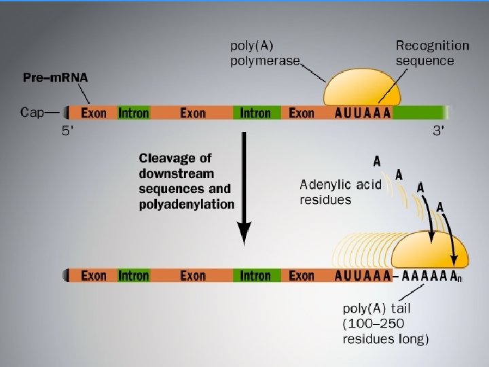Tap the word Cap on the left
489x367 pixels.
click(33, 112)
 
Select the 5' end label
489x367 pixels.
click(70, 131)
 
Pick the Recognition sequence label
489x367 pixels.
click(433, 53)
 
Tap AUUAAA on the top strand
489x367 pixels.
click(363, 113)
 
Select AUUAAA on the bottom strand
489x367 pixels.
click(363, 276)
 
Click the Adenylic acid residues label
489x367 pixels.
click(340, 191)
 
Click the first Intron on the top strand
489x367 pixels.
click(134, 113)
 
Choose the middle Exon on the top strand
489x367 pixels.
click(193, 113)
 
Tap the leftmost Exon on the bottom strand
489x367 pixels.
click(94, 276)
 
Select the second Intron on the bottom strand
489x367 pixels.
click(255, 276)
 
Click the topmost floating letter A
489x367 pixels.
click(377, 161)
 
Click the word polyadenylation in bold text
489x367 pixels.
click(187, 204)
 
